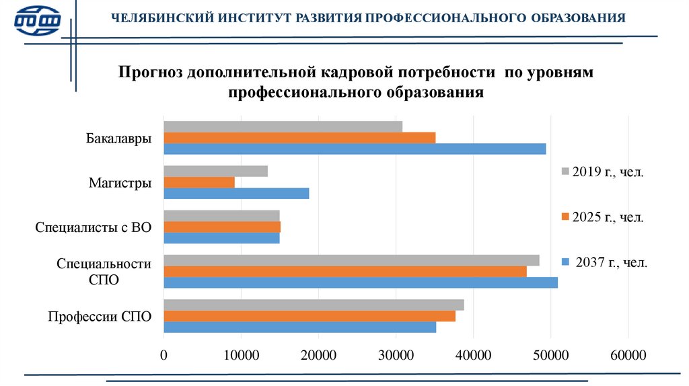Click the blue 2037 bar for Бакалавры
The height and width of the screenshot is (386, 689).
coord(355,149)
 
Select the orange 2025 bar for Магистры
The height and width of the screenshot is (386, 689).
coord(199,182)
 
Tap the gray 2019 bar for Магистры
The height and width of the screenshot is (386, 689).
coord(215,171)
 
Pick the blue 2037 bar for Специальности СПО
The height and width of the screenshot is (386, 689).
coord(361,282)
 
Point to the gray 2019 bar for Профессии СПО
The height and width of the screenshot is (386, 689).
coord(314,305)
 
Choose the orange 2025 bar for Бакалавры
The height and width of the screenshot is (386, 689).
coord(299,138)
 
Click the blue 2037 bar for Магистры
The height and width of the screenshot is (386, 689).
coord(236,194)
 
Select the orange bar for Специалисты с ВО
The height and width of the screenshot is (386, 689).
coord(222,227)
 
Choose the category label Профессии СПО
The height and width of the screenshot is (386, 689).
coord(100,316)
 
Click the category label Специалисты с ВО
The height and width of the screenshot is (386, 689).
coord(94,227)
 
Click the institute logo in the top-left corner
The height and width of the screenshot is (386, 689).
coord(38,20)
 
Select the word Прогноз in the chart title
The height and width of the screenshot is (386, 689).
coord(151,71)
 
